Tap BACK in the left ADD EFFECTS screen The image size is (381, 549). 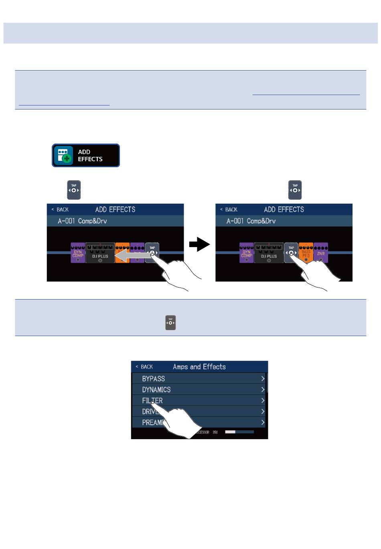coord(60,209)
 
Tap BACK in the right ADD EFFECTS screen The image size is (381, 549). coord(229,209)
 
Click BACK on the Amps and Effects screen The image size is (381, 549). coord(144,367)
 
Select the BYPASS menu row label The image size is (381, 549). coord(153,379)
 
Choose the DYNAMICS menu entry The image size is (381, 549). coord(156,389)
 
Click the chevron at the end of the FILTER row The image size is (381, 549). coord(263,400)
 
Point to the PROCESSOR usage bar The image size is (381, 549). coord(239,432)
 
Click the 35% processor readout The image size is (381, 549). coord(215,432)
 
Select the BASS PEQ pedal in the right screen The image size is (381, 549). coord(306,253)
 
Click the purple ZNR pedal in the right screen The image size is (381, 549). coord(321,253)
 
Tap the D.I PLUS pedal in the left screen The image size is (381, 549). coord(100,253)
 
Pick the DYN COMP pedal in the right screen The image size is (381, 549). coord(247,253)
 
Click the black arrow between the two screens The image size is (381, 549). coord(200,244)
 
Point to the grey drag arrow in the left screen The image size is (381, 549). coord(130,255)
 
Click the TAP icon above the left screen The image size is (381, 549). coord(74,190)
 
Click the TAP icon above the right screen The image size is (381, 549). coord(295,190)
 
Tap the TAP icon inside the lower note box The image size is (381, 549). coord(170,322)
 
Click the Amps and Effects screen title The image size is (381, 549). coord(199,367)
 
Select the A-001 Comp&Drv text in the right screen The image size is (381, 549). coord(251,221)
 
